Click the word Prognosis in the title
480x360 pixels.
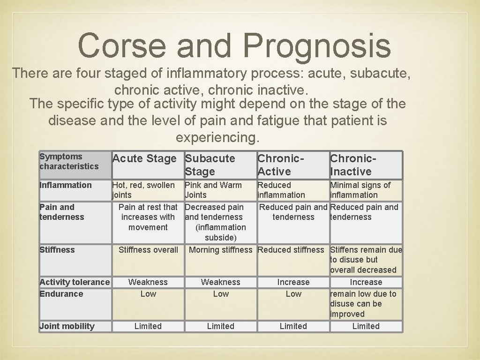[317, 46]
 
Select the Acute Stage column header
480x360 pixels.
[144, 159]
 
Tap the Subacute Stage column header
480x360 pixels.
[210, 165]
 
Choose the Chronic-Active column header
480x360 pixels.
[281, 165]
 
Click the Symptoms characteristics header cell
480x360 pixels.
[69, 162]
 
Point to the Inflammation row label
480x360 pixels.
[66, 185]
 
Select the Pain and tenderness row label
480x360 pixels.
[62, 212]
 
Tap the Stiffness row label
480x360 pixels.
[57, 250]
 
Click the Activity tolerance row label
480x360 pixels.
[75, 282]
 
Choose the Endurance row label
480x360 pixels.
[61, 294]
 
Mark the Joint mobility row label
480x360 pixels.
[67, 326]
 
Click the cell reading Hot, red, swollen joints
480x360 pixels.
[143, 190]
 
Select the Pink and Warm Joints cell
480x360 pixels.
[213, 190]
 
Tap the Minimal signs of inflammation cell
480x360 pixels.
[360, 190]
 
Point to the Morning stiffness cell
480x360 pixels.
[220, 250]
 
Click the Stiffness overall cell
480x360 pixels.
[148, 250]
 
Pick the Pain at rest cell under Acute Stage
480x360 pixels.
[148, 217]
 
